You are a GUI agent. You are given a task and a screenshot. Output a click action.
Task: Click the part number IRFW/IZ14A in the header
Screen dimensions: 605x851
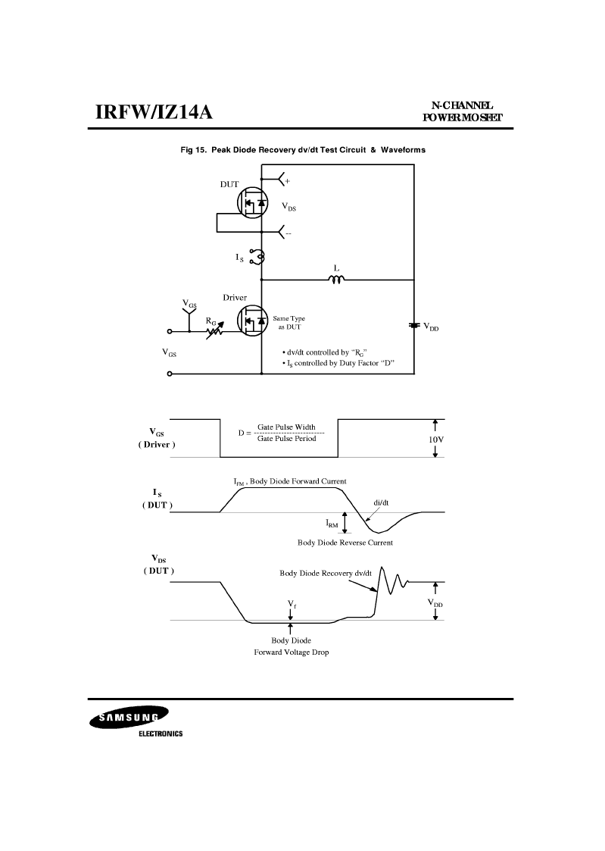154,112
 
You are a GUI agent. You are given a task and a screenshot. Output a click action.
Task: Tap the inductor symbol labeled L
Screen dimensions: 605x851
336,279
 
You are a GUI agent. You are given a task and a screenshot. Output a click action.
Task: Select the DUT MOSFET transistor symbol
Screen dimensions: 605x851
253,203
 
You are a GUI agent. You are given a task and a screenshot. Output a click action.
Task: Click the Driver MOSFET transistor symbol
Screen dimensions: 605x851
253,321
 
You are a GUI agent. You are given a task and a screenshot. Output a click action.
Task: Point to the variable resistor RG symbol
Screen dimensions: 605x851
215,330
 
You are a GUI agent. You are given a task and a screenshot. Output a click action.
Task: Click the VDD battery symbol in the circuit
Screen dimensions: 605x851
414,325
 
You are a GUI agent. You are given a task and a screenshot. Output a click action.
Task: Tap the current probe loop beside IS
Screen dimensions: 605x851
257,256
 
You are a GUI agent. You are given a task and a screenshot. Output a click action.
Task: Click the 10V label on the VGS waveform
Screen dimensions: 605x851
436,439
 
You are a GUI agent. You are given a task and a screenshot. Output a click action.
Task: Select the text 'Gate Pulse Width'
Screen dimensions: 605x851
286,427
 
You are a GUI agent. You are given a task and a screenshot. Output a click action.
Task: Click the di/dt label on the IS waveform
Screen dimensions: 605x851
381,502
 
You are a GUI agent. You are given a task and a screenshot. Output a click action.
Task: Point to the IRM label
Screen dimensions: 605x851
332,524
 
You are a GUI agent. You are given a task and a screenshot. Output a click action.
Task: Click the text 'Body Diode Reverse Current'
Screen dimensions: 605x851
345,542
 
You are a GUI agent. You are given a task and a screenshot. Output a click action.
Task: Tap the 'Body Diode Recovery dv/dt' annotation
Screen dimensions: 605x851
326,573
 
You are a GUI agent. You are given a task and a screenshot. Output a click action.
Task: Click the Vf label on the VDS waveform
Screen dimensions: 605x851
292,603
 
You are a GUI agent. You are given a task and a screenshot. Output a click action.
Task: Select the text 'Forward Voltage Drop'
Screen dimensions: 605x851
292,652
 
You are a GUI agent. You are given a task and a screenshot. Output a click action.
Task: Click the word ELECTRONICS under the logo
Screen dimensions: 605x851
161,734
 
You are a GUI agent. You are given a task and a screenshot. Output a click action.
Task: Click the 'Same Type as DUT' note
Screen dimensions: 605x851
289,322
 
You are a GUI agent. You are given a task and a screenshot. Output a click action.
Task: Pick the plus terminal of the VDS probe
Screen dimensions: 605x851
287,180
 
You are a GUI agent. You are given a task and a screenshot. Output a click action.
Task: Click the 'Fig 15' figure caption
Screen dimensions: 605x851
303,150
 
